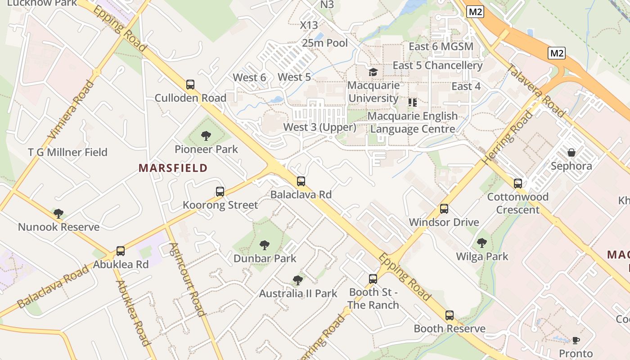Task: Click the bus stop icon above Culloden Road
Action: (190, 84)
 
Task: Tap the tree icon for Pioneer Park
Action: (206, 135)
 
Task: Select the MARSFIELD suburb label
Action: (173, 168)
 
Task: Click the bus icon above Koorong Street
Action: (220, 192)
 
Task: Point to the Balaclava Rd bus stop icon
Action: (301, 181)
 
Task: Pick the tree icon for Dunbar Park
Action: (265, 245)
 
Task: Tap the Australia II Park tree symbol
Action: (297, 280)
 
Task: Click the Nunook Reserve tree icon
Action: (58, 213)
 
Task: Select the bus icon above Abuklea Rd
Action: (120, 251)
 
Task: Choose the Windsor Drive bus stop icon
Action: (444, 209)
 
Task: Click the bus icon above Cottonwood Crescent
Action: (518, 184)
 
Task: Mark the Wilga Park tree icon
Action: (482, 243)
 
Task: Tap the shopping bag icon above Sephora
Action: (571, 153)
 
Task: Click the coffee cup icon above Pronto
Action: (576, 340)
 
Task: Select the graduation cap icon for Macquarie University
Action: (373, 72)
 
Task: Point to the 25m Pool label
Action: (325, 43)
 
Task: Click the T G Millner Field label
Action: (67, 152)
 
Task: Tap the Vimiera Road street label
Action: (72, 109)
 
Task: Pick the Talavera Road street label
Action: (535, 91)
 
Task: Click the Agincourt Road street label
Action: (188, 279)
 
